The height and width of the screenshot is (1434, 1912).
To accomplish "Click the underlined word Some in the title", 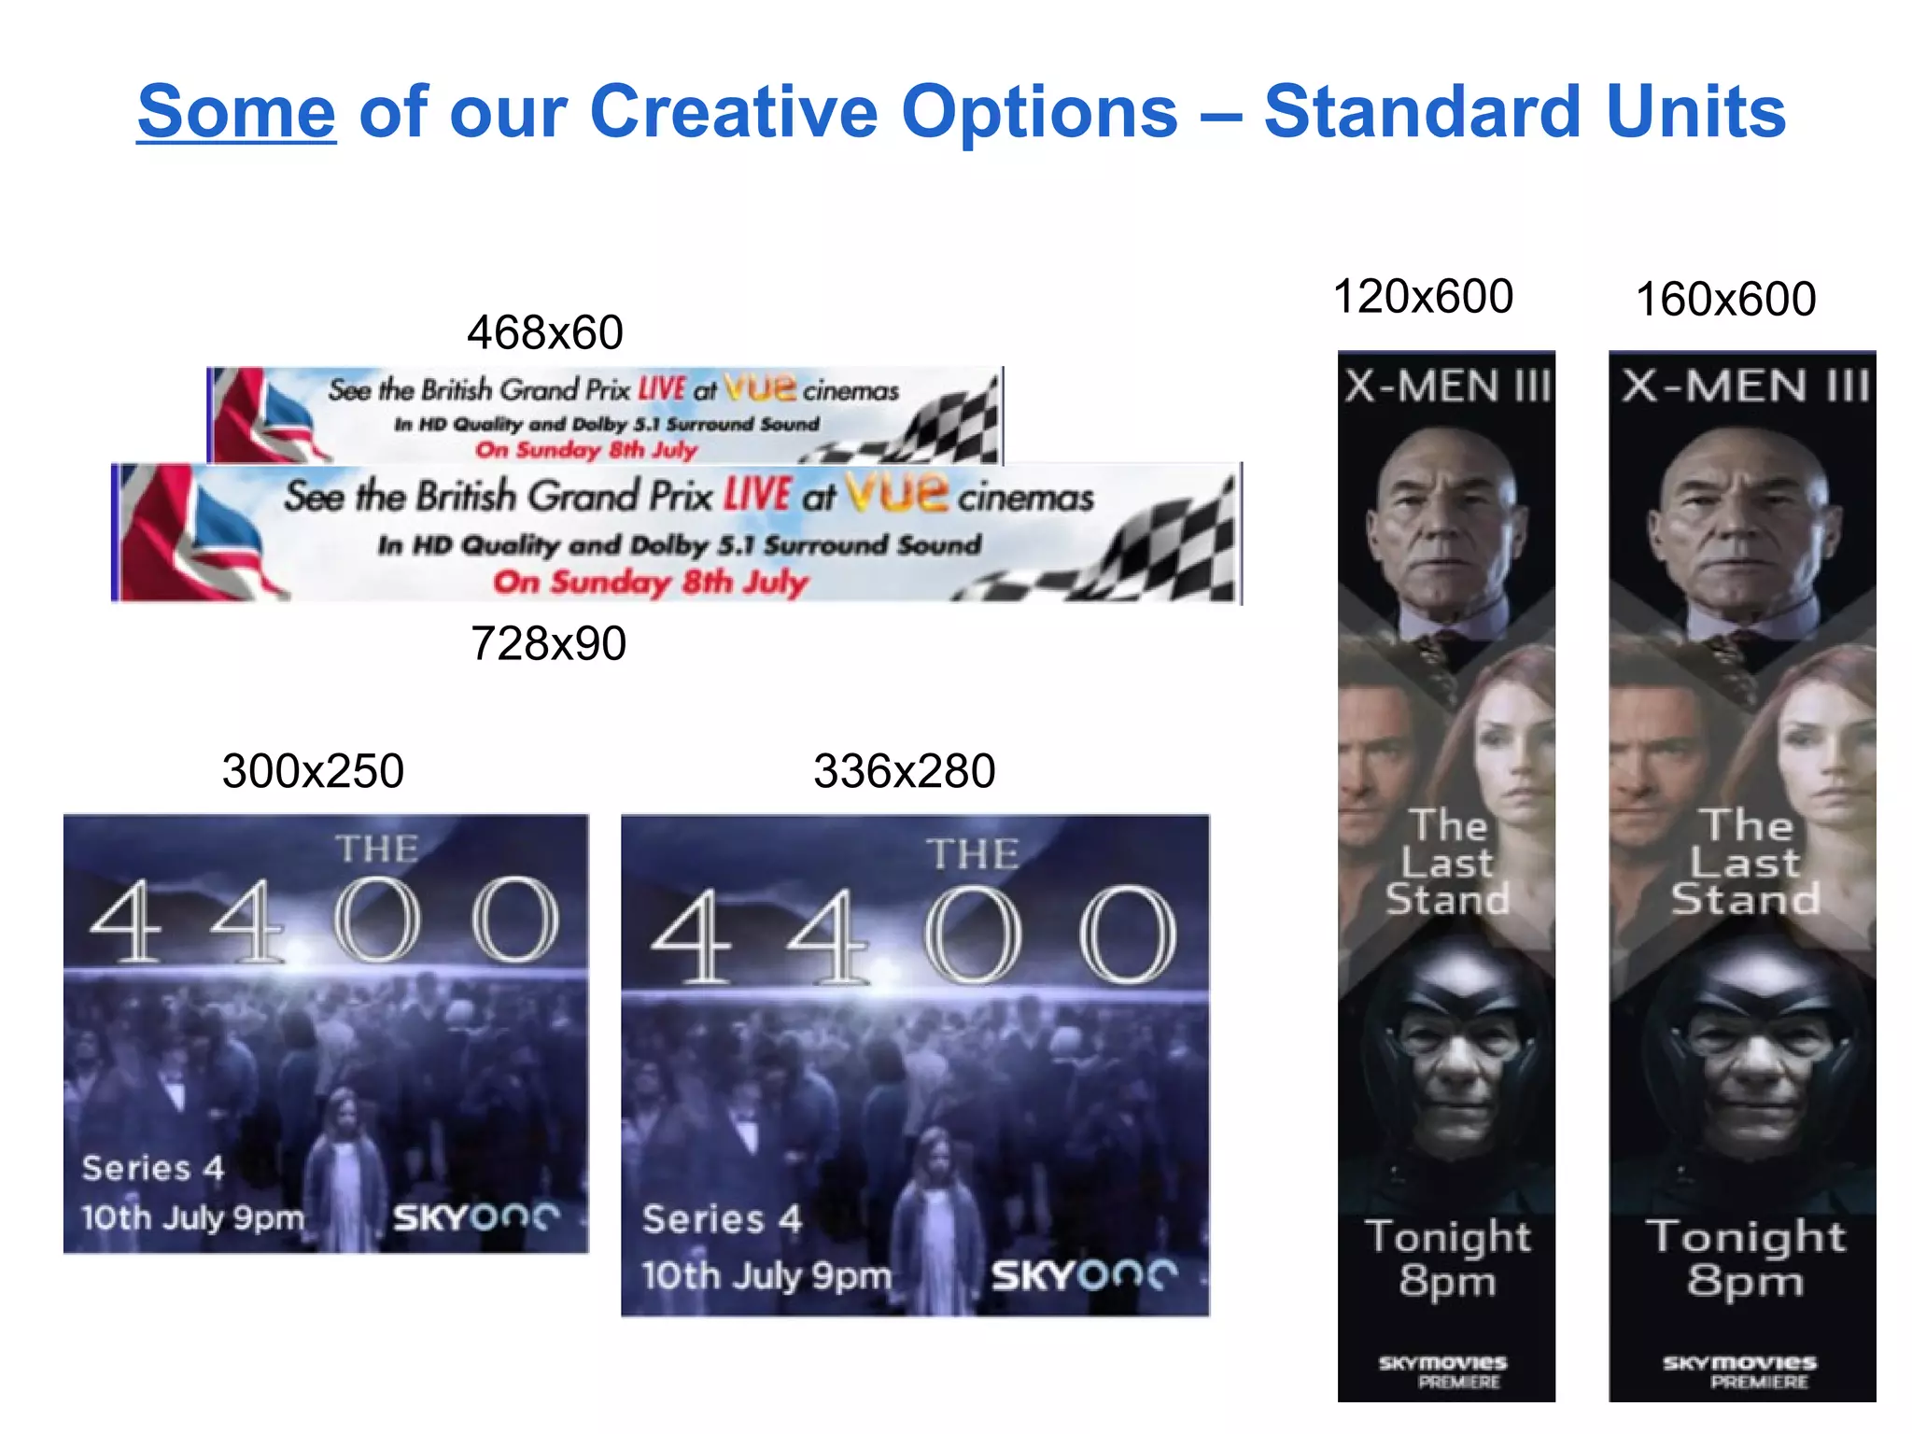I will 236,112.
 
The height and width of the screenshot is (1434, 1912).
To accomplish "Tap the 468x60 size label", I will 545,332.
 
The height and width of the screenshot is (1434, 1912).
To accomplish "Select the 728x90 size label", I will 548,643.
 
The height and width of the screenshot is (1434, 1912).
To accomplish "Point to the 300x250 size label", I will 313,771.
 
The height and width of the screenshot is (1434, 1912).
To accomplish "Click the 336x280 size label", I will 904,771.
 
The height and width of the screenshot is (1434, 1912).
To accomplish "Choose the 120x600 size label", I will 1423,297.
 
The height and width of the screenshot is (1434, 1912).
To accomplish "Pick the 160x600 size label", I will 1725,300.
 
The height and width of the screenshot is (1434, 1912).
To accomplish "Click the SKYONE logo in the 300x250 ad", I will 475,1217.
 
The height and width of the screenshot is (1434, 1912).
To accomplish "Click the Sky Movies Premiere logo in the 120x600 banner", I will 1443,1371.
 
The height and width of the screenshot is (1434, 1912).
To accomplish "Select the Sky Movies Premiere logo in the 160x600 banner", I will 1739,1371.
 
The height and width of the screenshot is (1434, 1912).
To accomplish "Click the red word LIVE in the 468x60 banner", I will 662,388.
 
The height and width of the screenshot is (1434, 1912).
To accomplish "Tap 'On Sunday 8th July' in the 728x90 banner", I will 650,583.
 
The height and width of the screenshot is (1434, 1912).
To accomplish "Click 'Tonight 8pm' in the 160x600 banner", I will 1745,1258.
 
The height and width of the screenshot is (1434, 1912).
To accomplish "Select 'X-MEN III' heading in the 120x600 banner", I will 1446,387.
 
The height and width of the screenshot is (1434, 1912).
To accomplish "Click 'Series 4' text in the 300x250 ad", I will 153,1168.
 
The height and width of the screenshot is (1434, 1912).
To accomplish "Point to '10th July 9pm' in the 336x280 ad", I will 766,1275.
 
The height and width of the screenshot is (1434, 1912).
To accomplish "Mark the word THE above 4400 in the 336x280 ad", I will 972,854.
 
